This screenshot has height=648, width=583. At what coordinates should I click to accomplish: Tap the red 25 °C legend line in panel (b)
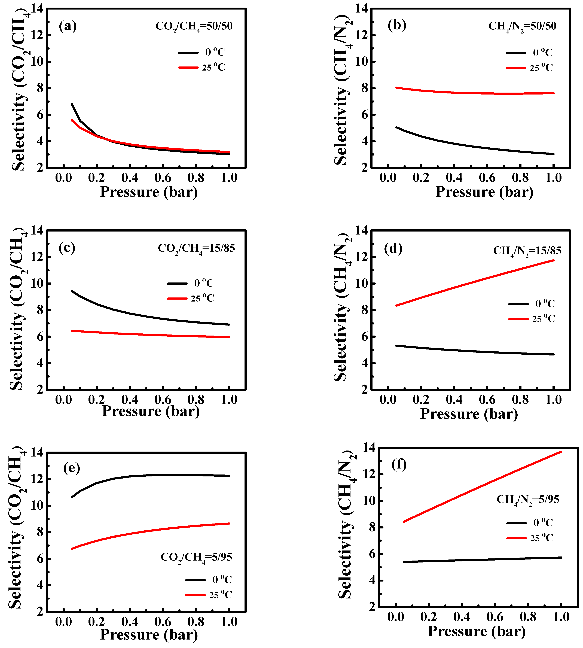516,68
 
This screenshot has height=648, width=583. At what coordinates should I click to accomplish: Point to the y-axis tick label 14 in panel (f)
369,448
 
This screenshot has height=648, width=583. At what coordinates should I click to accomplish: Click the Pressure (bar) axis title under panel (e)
149,634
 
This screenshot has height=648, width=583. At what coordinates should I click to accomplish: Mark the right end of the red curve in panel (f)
561,452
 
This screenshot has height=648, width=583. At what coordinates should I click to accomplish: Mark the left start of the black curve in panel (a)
72,104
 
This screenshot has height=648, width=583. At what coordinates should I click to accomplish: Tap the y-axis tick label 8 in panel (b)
364,88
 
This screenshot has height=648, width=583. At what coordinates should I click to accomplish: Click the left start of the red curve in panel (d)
396,306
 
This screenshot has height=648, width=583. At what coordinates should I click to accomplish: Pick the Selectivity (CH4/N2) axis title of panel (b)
342,90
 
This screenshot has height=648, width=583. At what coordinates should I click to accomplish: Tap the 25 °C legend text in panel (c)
202,299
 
